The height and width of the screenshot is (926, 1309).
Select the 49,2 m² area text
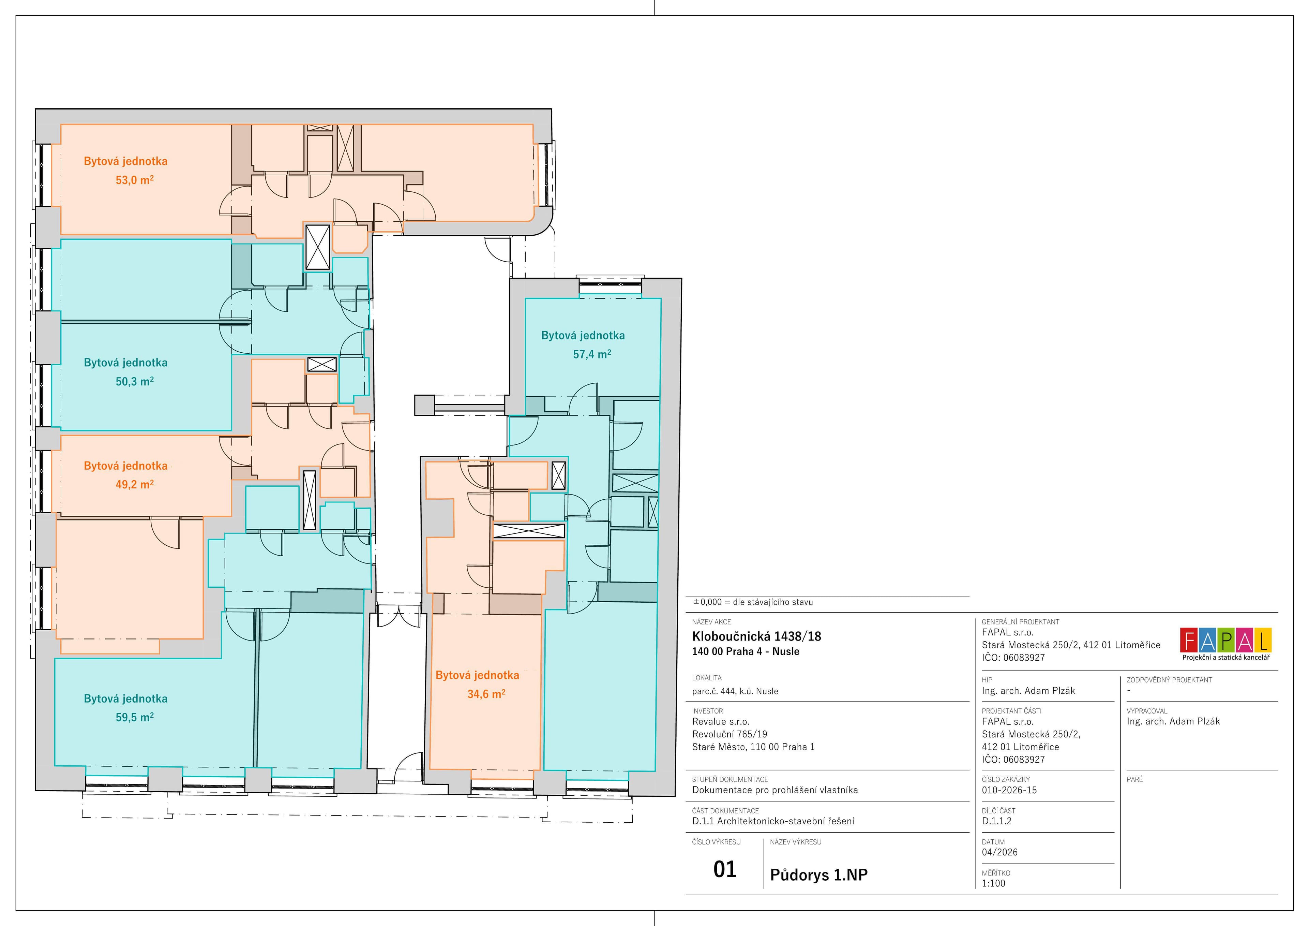(135, 484)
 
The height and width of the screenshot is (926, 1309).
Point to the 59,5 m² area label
(135, 717)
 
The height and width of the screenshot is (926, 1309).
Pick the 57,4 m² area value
(592, 354)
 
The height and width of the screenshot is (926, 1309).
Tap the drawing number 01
(725, 869)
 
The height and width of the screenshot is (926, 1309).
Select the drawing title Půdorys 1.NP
(819, 874)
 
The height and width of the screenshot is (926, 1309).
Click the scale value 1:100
(994, 883)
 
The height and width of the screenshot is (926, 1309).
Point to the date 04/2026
(999, 852)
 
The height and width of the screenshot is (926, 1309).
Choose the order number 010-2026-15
(1009, 790)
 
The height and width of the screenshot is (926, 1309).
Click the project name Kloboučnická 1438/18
(756, 636)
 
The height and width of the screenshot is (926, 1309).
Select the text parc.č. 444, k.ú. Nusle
(735, 691)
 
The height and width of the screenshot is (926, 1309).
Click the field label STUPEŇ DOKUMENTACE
(730, 779)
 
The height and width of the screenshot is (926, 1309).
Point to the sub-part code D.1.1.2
(996, 821)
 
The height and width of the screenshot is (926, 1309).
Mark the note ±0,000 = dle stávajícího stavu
(753, 602)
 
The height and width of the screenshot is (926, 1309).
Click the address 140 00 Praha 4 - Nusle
(746, 651)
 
